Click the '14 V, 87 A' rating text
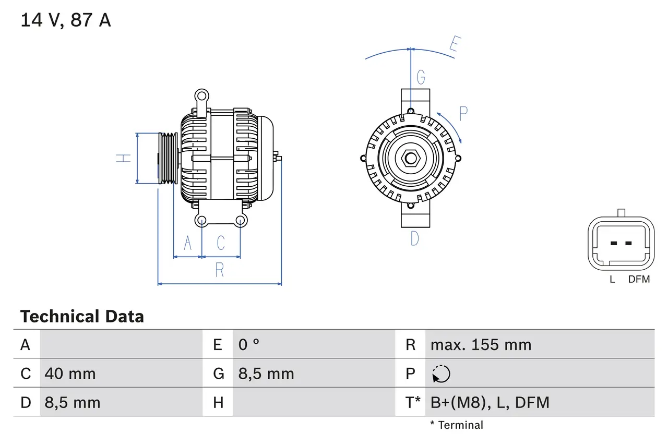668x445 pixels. [66, 20]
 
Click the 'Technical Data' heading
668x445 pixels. [82, 316]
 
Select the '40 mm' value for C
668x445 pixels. [70, 374]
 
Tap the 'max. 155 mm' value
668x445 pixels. [481, 345]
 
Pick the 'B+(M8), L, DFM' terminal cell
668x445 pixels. [490, 402]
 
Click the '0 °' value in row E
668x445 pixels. [249, 345]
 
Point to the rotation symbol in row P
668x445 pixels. [441, 374]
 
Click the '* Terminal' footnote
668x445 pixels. [457, 425]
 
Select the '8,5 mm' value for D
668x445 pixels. [72, 402]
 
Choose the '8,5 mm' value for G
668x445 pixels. [266, 374]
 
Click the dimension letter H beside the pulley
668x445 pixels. [123, 158]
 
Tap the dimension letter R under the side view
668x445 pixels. [220, 270]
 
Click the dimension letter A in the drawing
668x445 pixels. [187, 243]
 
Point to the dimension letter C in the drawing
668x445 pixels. [221, 243]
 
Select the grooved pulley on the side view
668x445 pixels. [168, 158]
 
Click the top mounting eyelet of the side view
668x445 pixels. [201, 96]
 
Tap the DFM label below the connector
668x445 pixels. [639, 279]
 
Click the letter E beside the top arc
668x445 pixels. [454, 46]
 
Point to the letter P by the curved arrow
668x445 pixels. [463, 113]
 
